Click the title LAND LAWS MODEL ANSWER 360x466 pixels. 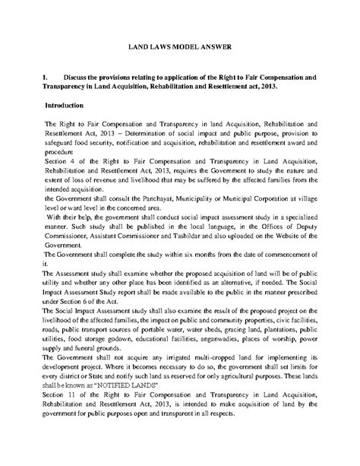point(179,47)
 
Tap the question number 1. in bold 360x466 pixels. point(47,78)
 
